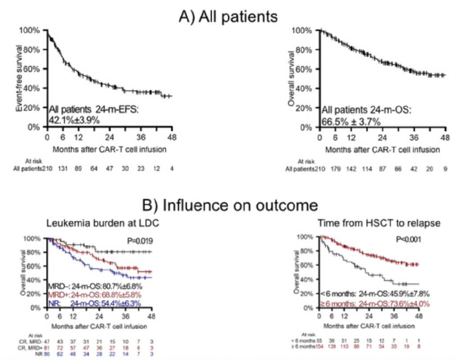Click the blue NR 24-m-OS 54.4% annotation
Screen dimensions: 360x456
point(94,303)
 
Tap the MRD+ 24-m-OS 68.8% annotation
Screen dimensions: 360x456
point(94,295)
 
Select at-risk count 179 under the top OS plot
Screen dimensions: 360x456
point(337,170)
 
